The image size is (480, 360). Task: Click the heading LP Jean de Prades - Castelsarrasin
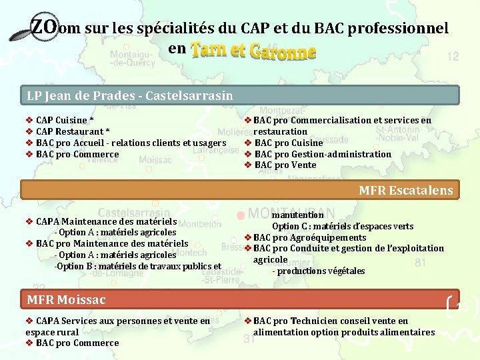pyautogui.click(x=130, y=95)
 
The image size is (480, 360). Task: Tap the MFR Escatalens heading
pyautogui.click(x=405, y=190)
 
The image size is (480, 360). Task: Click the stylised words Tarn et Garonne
pyautogui.click(x=253, y=50)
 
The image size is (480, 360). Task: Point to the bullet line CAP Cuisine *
pyautogui.click(x=65, y=120)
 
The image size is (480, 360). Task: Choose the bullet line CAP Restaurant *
pyautogui.click(x=73, y=131)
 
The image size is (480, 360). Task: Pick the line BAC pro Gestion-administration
pyautogui.click(x=323, y=154)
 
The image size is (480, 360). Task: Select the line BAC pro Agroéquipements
pyautogui.click(x=309, y=237)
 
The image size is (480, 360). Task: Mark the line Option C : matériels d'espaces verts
pyautogui.click(x=342, y=226)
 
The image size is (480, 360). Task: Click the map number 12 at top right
pyautogui.click(x=453, y=57)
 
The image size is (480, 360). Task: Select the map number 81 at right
pyautogui.click(x=420, y=263)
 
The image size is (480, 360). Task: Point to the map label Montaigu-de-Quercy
pyautogui.click(x=132, y=57)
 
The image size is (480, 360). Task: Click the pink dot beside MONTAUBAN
pyautogui.click(x=239, y=215)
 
